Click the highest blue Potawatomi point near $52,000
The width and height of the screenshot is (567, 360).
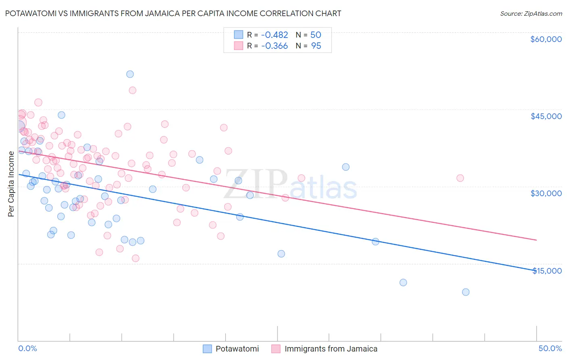pos(130,74)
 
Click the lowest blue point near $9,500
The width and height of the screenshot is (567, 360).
pos(465,292)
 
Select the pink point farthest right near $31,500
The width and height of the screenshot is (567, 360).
pos(460,178)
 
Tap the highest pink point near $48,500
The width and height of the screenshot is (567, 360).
pos(132,90)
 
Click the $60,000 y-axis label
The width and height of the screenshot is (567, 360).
pos(546,39)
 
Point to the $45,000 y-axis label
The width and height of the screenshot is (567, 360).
pos(546,116)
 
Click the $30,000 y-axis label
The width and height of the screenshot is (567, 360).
pos(546,193)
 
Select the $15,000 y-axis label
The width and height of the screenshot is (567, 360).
pos(546,271)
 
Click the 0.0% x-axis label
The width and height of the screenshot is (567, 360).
pos(27,348)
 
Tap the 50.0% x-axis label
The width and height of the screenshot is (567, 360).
pos(550,348)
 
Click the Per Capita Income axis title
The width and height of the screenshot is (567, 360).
pos(11,184)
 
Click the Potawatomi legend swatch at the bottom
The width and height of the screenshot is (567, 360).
pos(207,349)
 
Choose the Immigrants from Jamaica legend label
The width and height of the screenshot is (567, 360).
pos(331,349)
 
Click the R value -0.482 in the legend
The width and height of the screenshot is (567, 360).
pos(274,35)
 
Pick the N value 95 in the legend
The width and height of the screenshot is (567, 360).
pos(316,46)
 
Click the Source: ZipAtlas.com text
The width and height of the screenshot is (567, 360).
pos(531,14)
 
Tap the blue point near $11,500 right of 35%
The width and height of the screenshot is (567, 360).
pos(403,283)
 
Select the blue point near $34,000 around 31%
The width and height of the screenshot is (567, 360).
pos(346,167)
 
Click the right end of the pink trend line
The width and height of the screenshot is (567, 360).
pos(536,240)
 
